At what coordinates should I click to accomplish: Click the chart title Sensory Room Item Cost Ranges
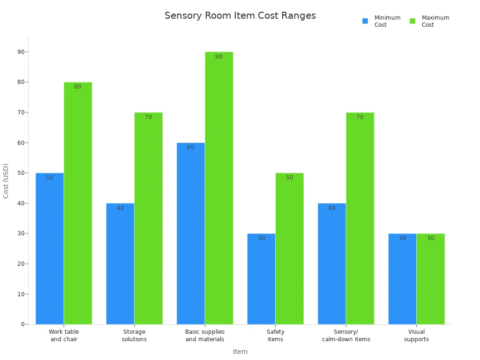240,15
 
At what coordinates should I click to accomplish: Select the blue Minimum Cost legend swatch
365,21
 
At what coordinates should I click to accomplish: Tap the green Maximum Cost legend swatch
412,21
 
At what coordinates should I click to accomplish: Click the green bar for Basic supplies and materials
219,187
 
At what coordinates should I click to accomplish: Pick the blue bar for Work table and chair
50,248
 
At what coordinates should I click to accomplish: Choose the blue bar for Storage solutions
120,263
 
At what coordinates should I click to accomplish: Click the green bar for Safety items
289,248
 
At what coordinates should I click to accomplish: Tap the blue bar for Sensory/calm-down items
332,263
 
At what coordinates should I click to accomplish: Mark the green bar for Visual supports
430,279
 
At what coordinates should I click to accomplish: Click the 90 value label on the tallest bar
219,57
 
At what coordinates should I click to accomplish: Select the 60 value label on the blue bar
191,147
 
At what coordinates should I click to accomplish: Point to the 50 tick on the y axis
21,173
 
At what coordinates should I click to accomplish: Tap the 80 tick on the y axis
21,82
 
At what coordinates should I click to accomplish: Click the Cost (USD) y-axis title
6,180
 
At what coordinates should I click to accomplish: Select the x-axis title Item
240,352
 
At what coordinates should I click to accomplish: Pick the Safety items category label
275,336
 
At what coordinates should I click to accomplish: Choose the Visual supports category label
416,336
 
